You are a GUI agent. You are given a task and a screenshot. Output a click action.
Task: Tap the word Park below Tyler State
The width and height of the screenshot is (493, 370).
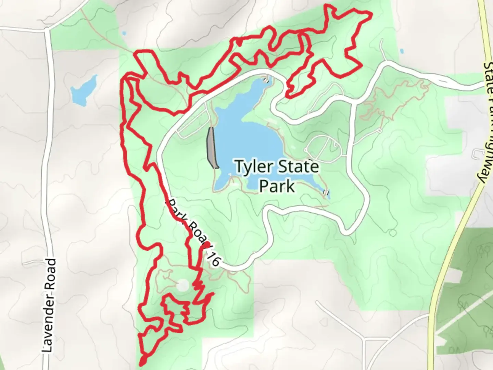277,186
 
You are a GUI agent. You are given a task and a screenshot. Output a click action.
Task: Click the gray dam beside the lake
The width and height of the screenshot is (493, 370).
212,148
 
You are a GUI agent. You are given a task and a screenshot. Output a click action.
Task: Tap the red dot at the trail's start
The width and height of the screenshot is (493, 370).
207,244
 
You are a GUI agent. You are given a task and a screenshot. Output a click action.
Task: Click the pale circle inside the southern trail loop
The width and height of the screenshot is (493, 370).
183,284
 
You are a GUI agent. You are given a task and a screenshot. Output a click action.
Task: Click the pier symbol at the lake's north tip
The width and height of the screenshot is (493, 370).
266,81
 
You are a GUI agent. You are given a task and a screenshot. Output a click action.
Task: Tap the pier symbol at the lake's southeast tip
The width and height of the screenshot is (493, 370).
326,193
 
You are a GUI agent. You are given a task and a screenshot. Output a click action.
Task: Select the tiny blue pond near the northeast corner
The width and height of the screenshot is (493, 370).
401,51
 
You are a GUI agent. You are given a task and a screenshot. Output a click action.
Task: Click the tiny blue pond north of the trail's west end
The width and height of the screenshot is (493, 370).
124,34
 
